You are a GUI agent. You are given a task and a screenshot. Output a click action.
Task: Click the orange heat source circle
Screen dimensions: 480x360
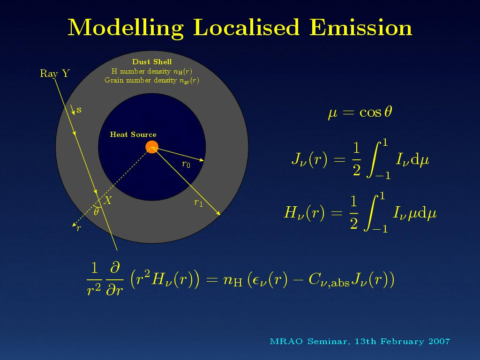152,147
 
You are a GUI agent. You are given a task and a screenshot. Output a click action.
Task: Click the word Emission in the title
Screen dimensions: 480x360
360,28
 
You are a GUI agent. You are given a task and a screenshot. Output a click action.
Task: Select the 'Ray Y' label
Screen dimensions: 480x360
55,74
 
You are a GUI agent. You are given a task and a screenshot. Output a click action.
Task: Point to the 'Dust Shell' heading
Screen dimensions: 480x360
152,62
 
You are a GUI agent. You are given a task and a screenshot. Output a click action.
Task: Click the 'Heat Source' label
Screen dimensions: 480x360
133,135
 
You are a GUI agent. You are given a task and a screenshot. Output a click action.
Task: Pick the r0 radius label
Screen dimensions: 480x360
186,165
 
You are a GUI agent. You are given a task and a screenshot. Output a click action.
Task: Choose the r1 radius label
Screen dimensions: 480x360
198,202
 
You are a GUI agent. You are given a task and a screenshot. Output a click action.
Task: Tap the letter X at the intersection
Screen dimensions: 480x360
108,201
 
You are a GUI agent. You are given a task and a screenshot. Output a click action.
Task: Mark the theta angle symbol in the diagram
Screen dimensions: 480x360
96,211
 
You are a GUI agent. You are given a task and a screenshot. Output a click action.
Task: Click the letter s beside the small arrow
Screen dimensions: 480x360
79,110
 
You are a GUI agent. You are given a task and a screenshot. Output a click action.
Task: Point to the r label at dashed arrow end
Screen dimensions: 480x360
79,228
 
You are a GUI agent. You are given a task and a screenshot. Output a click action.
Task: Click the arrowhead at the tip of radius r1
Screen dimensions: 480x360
218,213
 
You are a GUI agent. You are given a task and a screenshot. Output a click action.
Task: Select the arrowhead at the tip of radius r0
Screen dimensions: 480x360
202,160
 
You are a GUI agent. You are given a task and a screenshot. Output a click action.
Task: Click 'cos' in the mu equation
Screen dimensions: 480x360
370,112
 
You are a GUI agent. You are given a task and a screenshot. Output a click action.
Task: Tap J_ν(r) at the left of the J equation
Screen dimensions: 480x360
309,159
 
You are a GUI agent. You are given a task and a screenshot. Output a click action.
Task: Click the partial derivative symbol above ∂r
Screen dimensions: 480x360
115,267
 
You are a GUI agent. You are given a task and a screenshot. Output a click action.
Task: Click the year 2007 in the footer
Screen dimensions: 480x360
439,341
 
